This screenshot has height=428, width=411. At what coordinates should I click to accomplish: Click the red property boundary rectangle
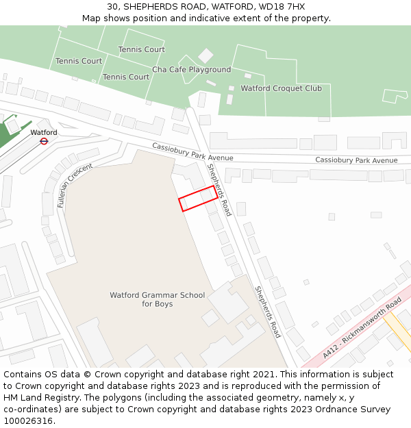[x=198, y=198]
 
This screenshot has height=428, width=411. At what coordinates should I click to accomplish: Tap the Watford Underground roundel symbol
[x=44, y=141]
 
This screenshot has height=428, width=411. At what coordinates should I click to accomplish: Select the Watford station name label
[x=44, y=132]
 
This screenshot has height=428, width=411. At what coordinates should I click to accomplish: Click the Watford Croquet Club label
[x=281, y=88]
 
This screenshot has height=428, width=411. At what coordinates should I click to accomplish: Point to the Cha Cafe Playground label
[x=191, y=70]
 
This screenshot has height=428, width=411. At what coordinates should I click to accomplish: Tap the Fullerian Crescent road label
[x=75, y=185]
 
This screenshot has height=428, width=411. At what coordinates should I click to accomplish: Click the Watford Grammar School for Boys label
[x=157, y=299]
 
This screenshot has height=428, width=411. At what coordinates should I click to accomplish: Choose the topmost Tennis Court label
[x=141, y=49]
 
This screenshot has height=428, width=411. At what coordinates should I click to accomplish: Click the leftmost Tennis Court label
[x=79, y=61]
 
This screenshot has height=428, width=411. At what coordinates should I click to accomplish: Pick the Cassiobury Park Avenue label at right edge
[x=356, y=160]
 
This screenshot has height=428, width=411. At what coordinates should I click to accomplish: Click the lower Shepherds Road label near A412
[x=268, y=312]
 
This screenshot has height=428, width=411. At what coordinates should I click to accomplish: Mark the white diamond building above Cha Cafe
[x=206, y=55]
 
